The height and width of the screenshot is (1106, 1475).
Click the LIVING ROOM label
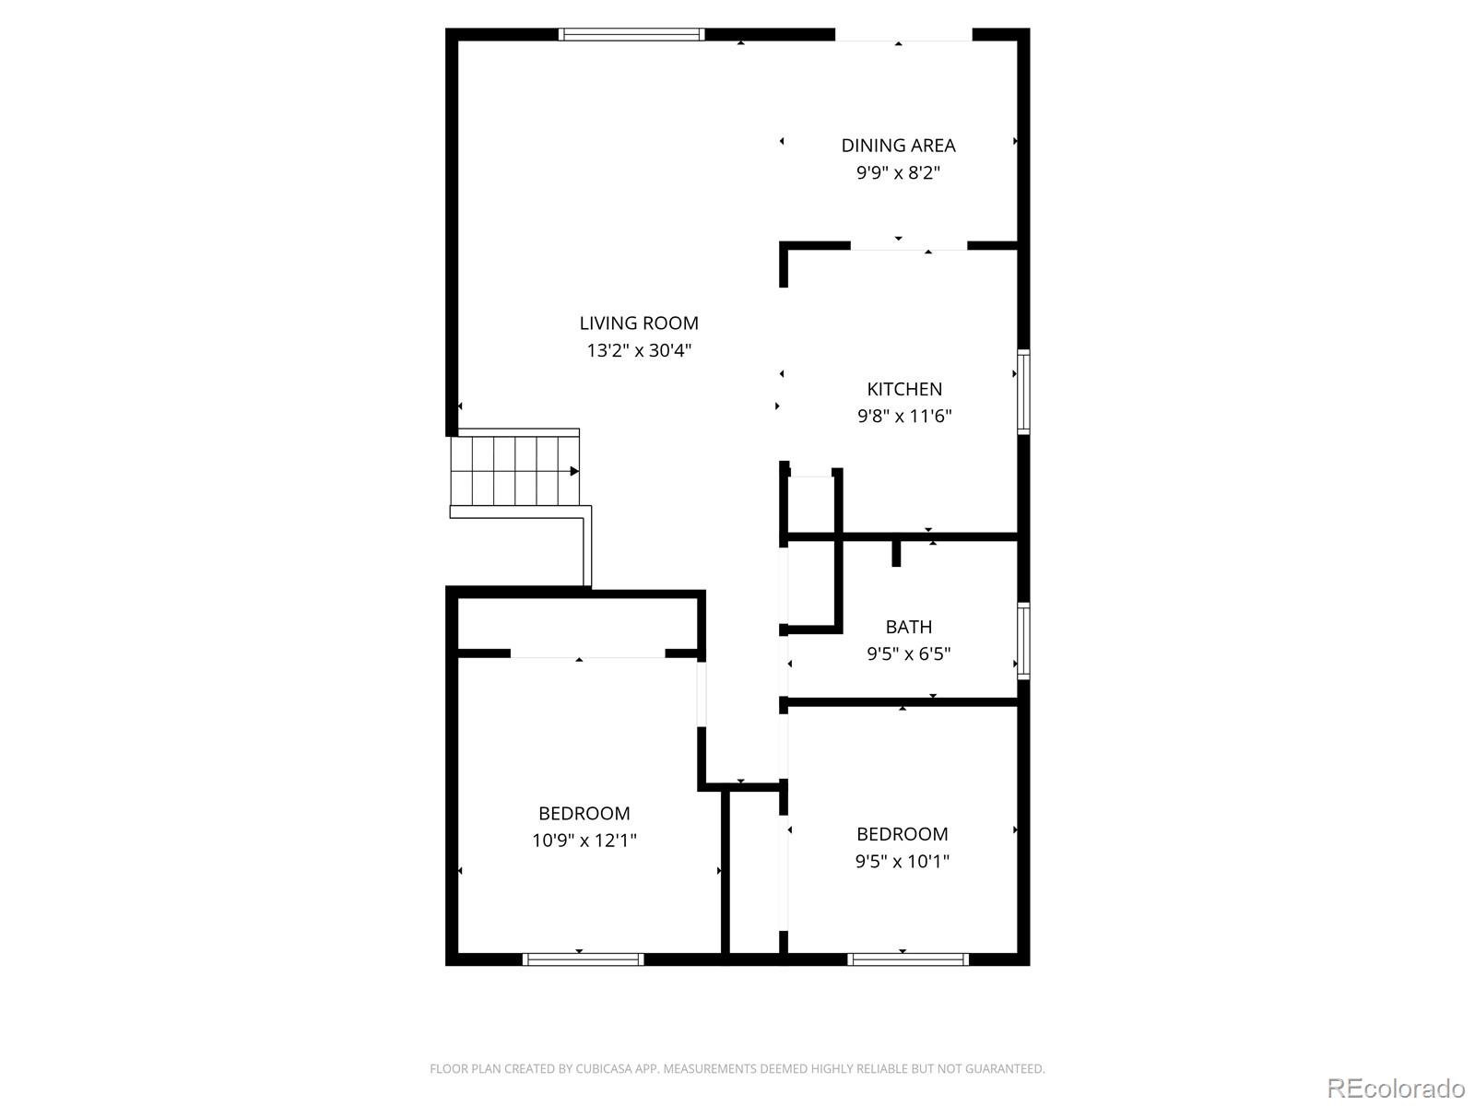point(638,323)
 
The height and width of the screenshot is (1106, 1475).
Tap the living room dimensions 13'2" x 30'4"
point(638,350)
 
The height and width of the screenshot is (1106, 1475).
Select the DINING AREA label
point(898,145)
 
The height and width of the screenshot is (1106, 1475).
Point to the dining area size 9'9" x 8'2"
point(898,172)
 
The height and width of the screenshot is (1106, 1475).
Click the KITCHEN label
point(903,389)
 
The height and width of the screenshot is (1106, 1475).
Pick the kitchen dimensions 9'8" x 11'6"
point(903,416)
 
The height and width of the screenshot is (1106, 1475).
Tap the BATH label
point(909,627)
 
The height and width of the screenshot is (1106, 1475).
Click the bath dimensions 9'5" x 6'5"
point(909,653)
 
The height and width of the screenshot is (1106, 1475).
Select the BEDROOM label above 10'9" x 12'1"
point(584,813)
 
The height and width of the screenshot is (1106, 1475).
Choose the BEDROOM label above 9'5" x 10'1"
point(902,834)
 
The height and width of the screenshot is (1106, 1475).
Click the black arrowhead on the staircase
point(574,471)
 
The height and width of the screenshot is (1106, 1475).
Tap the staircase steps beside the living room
point(514,471)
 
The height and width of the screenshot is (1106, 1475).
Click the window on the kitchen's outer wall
point(1022,392)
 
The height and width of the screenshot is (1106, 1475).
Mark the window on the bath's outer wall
point(1022,641)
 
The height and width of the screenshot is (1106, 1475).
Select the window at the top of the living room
point(631,34)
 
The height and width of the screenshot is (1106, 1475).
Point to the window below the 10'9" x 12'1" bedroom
point(584,959)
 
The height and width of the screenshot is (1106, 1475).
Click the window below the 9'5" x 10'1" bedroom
point(908,959)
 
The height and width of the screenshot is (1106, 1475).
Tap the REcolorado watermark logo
point(1397,1088)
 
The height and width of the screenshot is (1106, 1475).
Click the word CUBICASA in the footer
point(604,1068)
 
